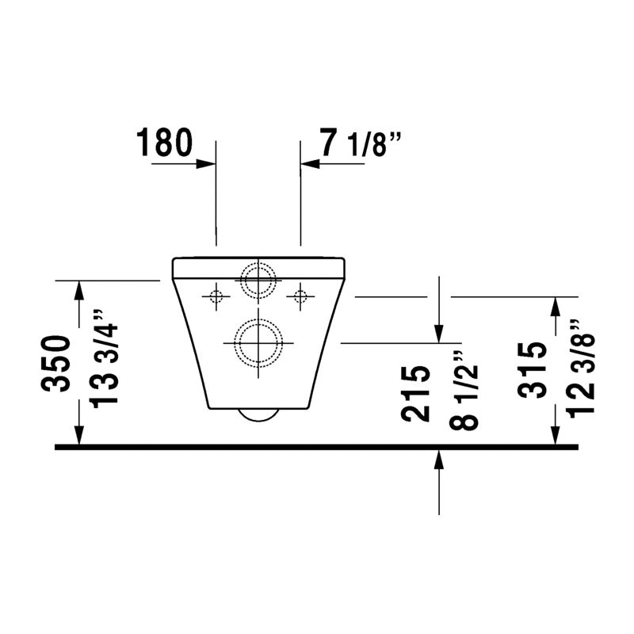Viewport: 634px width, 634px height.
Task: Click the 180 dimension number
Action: pyautogui.click(x=164, y=143)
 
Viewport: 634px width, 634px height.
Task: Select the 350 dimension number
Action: pyautogui.click(x=55, y=363)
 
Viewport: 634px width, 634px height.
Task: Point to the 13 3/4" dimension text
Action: pyautogui.click(x=104, y=359)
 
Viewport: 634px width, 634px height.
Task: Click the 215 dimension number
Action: pyautogui.click(x=414, y=393)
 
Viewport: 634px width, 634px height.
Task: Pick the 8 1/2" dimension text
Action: pyautogui.click(x=464, y=391)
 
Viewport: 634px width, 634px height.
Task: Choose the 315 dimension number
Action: pyautogui.click(x=532, y=370)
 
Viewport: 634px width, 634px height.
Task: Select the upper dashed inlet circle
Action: pyautogui.click(x=259, y=262)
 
